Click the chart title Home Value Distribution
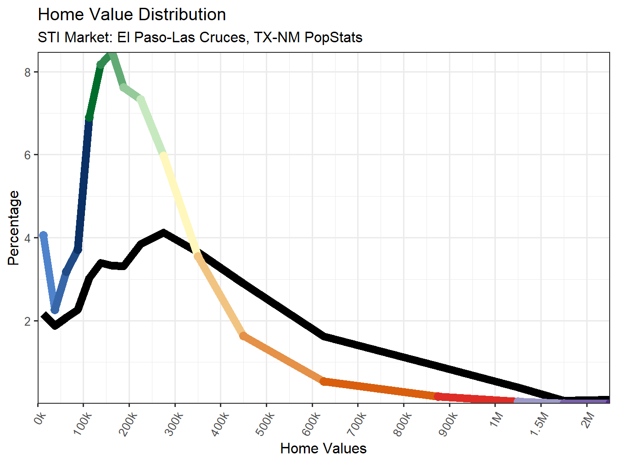pos(132,15)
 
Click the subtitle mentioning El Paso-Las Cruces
pos(200,37)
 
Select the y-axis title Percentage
pos(14,228)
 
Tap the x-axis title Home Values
pos(323,448)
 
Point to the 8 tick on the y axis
pos(28,72)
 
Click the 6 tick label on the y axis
pos(28,155)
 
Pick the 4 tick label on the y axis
pos(28,238)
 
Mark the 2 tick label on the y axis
pos(28,321)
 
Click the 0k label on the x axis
pos(40,419)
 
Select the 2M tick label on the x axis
pos(588,419)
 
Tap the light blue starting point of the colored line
pos(44,236)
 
